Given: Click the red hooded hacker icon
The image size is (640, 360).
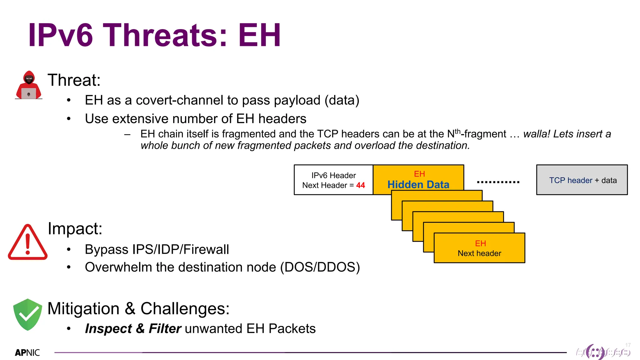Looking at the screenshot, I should click(28, 85).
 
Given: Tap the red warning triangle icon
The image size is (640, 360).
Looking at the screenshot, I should click(27, 242).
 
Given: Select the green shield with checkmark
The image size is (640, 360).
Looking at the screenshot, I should click(27, 314).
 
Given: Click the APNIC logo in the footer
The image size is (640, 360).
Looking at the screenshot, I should click(27, 353).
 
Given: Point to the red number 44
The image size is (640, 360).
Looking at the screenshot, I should click(360, 185).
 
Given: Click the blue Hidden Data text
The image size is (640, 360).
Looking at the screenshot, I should click(418, 185).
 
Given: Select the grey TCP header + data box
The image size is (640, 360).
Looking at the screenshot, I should click(582, 180).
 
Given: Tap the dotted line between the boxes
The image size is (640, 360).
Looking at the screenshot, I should click(498, 182).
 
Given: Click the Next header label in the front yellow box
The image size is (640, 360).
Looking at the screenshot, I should click(479, 253).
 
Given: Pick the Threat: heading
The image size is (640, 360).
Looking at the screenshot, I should click(74, 80).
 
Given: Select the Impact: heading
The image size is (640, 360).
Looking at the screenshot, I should click(75, 228).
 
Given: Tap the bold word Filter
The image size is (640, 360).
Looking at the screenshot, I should click(165, 329).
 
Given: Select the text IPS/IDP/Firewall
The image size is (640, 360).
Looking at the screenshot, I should click(181, 250).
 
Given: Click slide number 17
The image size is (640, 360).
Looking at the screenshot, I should click(628, 345).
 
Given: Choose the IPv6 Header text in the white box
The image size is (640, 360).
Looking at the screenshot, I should click(333, 175).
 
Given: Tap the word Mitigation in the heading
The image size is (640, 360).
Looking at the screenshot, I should click(83, 309).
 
